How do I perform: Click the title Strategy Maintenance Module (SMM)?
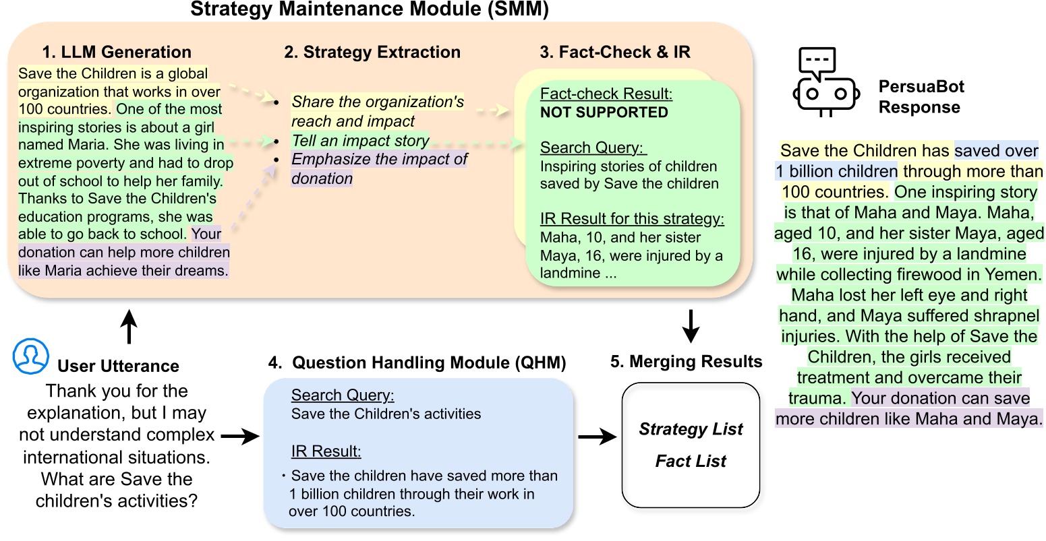[369, 9]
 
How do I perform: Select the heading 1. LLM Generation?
[117, 53]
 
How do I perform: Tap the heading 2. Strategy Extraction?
[372, 53]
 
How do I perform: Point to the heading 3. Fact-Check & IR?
[615, 53]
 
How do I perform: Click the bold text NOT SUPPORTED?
[604, 113]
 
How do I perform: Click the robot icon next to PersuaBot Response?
[826, 82]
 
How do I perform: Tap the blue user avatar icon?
[31, 357]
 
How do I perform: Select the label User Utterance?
[118, 366]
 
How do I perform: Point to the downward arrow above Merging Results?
[691, 326]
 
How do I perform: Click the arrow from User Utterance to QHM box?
[240, 437]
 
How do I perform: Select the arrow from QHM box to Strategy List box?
[598, 437]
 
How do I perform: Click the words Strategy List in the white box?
[691, 429]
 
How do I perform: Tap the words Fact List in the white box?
[691, 462]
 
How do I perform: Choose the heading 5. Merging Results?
[686, 362]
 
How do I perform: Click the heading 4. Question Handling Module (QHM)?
[417, 363]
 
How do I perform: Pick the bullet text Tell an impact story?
[360, 141]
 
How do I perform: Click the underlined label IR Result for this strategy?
[632, 219]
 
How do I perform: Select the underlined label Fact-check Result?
[606, 94]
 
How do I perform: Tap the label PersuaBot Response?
[921, 97]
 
